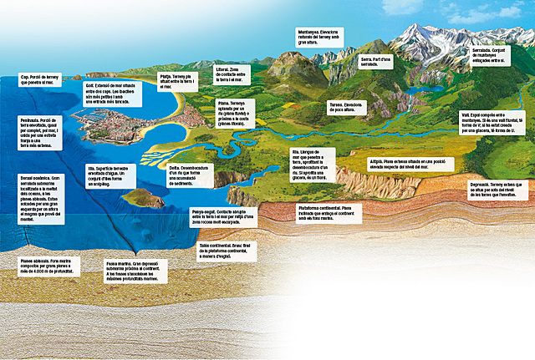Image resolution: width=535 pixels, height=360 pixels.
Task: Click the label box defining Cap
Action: (x=42, y=79)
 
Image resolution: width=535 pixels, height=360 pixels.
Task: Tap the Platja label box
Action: (x=177, y=81)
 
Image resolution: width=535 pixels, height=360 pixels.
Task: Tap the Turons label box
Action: (x=349, y=105)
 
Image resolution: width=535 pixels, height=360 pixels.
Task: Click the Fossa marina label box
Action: (x=131, y=273)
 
